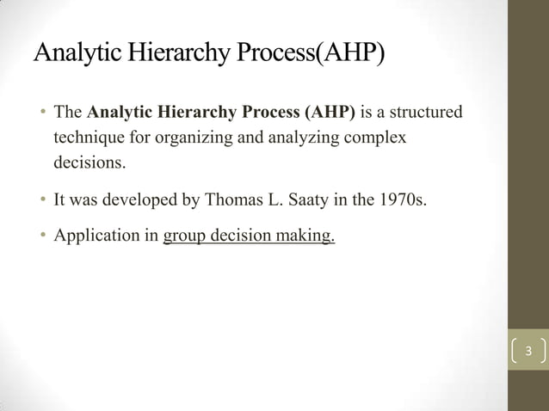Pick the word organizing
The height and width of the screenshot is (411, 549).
pyautogui.click(x=183, y=137)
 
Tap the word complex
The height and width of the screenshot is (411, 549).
pyautogui.click(x=377, y=137)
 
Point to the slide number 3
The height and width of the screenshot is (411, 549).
pyautogui.click(x=528, y=351)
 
